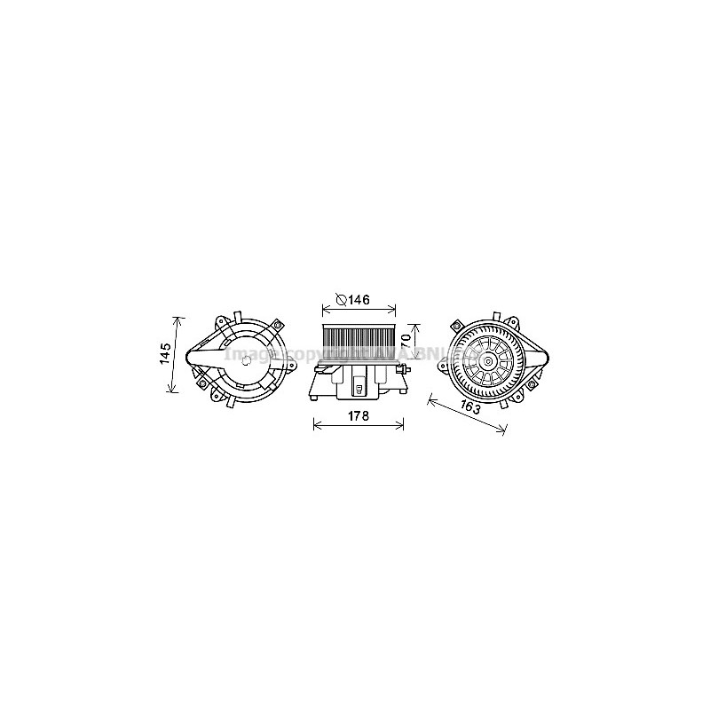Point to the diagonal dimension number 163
click(473, 409)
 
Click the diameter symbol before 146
click(341, 300)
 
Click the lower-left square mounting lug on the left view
click(203, 383)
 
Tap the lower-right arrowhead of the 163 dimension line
click(504, 432)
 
